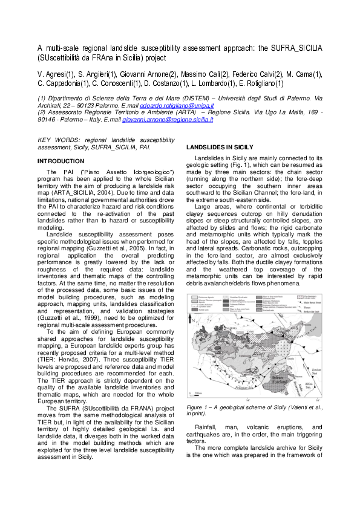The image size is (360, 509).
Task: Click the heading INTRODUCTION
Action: tap(61, 161)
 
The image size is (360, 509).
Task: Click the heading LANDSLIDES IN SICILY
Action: tap(219, 147)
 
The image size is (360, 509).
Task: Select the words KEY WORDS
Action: tap(54, 140)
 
